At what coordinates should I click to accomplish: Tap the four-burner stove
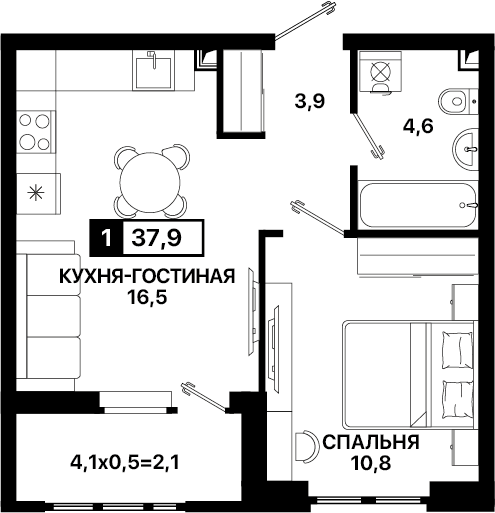[35, 132]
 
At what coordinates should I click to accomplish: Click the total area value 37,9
[157, 238]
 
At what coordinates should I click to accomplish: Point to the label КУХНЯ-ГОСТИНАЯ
[147, 276]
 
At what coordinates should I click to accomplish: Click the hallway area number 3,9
[310, 101]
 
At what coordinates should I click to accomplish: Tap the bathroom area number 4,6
[418, 126]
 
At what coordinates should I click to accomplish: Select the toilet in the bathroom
[457, 100]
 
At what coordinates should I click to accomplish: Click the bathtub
[418, 205]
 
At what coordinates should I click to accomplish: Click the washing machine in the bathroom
[380, 71]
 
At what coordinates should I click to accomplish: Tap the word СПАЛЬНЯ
[370, 443]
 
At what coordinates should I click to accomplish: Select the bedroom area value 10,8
[370, 463]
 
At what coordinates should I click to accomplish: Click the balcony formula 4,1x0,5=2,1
[125, 462]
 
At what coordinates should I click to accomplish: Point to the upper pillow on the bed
[457, 349]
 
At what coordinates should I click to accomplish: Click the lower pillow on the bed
[457, 399]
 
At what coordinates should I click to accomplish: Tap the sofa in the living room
[49, 316]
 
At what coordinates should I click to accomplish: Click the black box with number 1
[106, 238]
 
